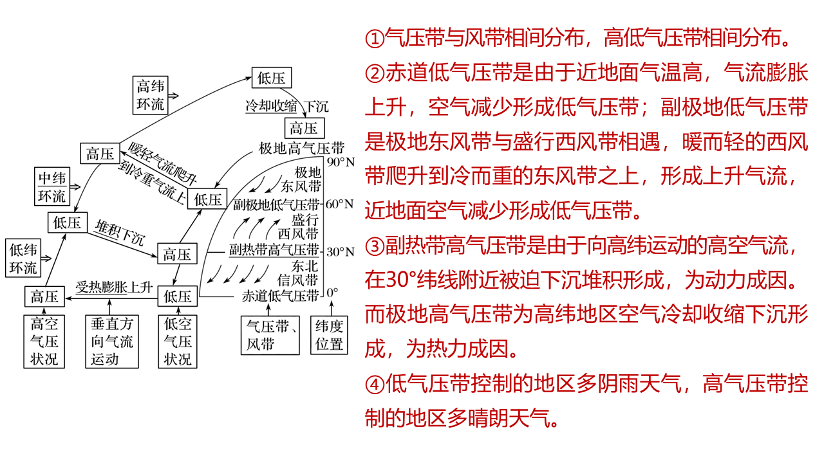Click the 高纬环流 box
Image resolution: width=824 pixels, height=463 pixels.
(x=151, y=95)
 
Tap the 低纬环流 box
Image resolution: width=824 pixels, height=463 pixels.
(x=23, y=259)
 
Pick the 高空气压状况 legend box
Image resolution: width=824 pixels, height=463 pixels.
(x=44, y=341)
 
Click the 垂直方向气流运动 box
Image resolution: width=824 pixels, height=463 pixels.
(x=112, y=341)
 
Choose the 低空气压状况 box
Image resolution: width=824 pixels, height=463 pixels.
(x=178, y=341)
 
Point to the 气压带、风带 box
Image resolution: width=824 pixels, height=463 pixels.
(x=270, y=335)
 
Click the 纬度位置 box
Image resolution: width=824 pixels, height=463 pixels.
(x=329, y=335)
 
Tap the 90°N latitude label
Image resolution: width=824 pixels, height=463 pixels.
(x=341, y=161)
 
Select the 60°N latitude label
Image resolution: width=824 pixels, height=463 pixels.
(x=341, y=204)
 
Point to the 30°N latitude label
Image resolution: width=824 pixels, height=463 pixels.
(x=341, y=251)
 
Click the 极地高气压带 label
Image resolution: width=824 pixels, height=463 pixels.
(x=301, y=149)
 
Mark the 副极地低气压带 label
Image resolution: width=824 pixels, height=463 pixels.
(x=277, y=205)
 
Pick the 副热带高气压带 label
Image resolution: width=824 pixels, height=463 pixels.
(x=274, y=250)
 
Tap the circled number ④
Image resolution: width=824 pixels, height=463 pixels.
(x=375, y=385)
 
